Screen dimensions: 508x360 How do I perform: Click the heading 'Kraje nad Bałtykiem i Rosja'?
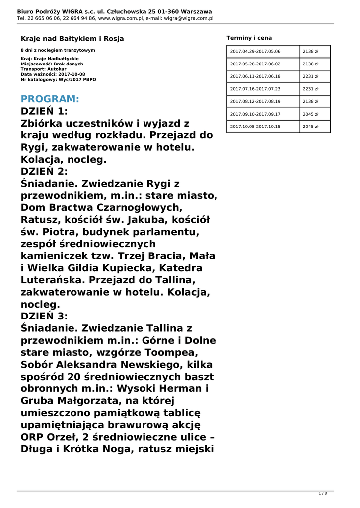[72, 38]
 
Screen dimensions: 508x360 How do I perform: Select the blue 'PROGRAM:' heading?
[50, 99]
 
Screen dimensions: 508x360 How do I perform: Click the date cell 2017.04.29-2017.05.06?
[255, 51]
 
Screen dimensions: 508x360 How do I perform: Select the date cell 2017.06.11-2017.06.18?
[255, 76]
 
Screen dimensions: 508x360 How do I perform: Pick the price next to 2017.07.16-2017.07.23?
[310, 89]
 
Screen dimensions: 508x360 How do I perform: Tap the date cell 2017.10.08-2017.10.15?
[255, 127]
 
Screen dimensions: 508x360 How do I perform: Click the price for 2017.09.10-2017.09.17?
[310, 114]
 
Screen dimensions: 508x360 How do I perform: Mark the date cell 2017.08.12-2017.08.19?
[255, 101]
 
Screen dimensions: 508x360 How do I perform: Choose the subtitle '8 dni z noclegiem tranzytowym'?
[58, 50]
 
